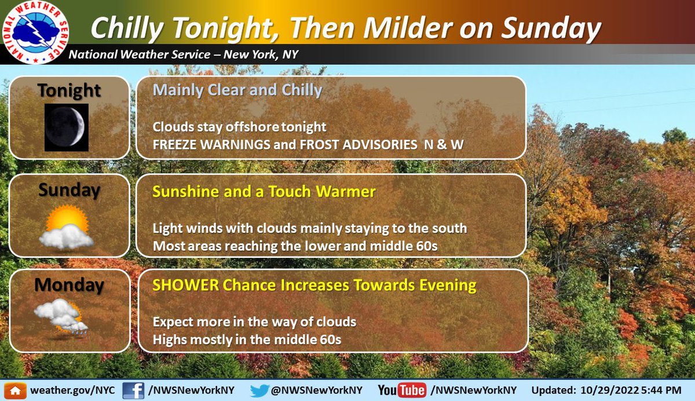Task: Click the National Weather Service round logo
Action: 35,32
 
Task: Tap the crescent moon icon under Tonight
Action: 67,127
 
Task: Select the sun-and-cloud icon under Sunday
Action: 67,227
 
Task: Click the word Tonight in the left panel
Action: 69,90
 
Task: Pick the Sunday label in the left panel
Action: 69,190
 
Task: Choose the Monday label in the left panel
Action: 69,285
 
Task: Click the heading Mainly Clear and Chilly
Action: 237,90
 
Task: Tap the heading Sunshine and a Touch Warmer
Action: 264,191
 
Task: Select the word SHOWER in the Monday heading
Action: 185,285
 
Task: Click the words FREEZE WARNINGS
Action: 211,145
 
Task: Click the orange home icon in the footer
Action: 15,391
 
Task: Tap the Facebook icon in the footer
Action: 133,391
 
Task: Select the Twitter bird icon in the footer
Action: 259,391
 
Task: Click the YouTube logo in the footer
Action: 401,391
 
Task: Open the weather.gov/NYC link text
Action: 72,390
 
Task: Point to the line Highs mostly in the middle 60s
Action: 247,340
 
